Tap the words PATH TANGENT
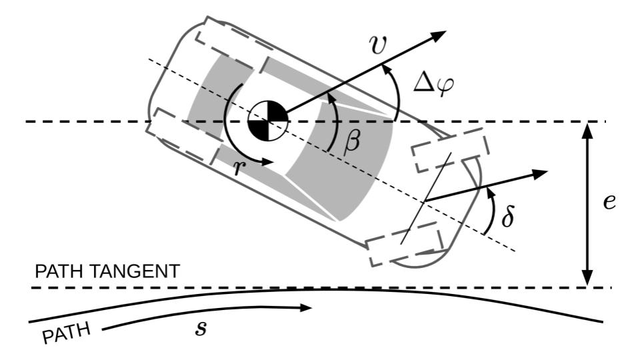point(107,271)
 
